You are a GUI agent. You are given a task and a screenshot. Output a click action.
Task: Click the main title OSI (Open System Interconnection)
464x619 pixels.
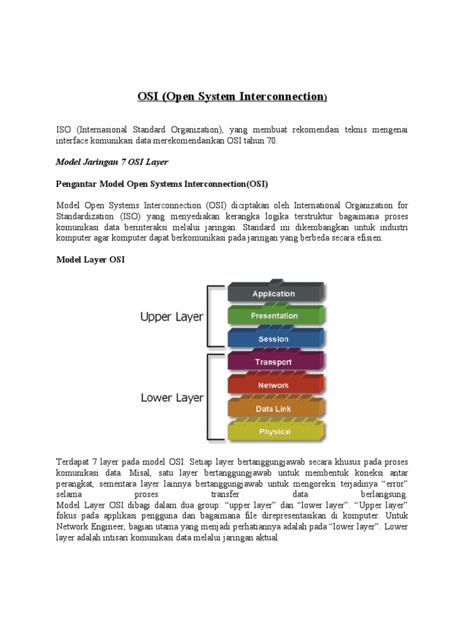(x=232, y=97)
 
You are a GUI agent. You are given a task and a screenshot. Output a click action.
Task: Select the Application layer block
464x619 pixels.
(x=274, y=294)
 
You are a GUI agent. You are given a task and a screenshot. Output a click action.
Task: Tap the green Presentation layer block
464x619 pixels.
(x=274, y=316)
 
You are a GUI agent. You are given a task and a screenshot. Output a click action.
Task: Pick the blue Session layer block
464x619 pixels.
(x=274, y=339)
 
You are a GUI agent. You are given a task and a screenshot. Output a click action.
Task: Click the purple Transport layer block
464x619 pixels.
(x=274, y=362)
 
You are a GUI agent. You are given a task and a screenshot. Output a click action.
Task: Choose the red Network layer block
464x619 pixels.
(x=274, y=385)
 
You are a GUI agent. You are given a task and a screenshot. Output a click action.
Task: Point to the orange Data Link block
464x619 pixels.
(x=274, y=409)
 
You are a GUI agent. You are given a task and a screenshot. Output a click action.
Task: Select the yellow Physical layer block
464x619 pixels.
(x=274, y=432)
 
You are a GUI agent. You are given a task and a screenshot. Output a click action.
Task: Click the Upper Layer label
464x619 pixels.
(x=172, y=317)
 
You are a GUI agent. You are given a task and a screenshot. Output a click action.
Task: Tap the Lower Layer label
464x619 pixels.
(x=172, y=398)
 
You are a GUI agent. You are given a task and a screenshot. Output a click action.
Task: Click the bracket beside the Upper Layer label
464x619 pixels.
(x=211, y=316)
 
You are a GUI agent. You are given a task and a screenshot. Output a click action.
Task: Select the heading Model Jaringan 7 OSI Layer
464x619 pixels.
(x=112, y=162)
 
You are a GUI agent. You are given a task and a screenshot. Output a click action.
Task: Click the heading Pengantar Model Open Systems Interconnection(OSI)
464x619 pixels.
(x=162, y=183)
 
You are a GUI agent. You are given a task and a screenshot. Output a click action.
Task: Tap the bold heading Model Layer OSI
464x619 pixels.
(x=91, y=259)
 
